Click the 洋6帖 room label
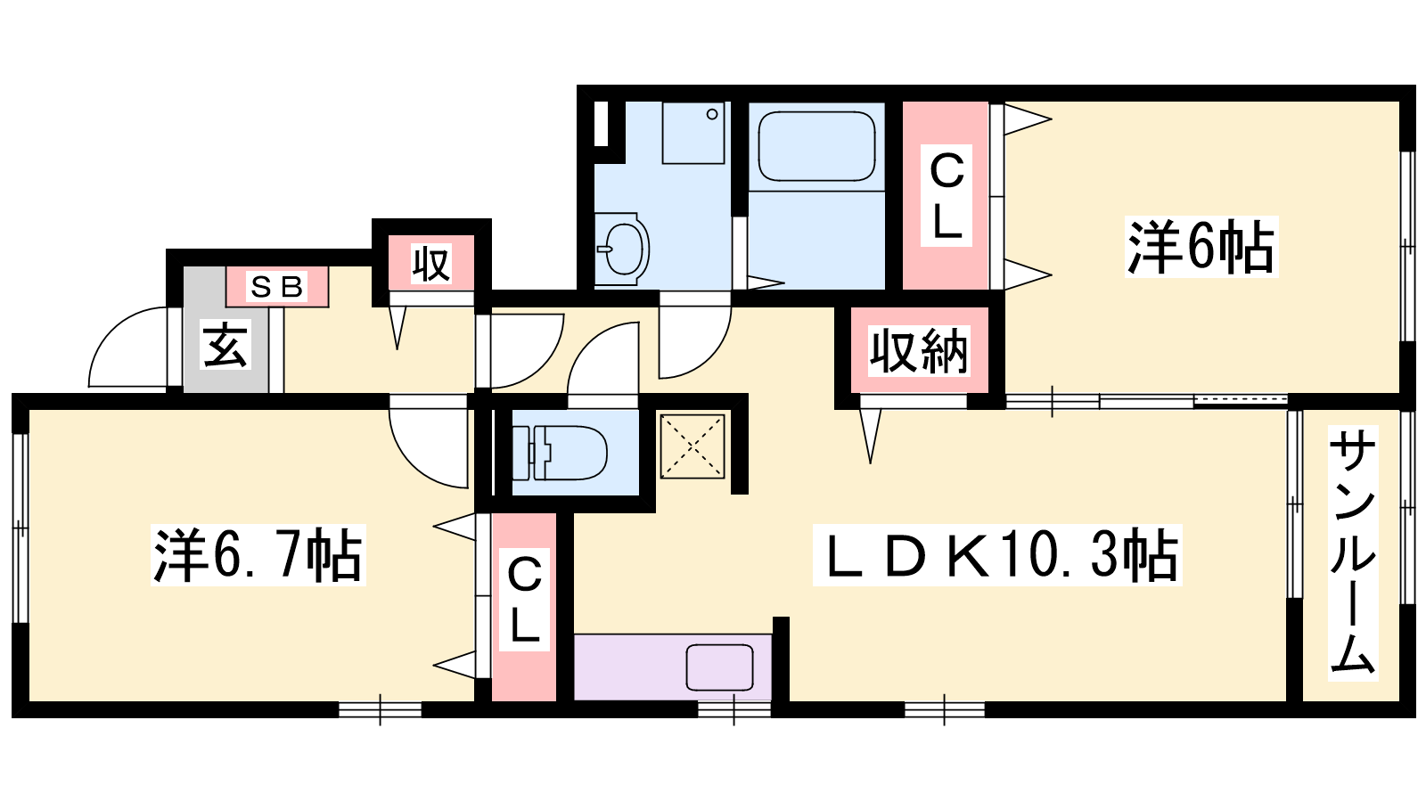(1201, 247)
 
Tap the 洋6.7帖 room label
(258, 555)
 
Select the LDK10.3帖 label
(997, 555)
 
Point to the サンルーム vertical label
(1352, 552)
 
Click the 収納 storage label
(919, 351)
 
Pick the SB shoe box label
(277, 287)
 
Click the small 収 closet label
(431, 264)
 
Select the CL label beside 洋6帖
(946, 196)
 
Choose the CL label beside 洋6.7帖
(524, 600)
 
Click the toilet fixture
(560, 453)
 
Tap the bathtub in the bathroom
(816, 146)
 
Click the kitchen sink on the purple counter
(719, 667)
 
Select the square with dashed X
(693, 446)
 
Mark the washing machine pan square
(693, 133)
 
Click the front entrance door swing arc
(105, 334)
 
